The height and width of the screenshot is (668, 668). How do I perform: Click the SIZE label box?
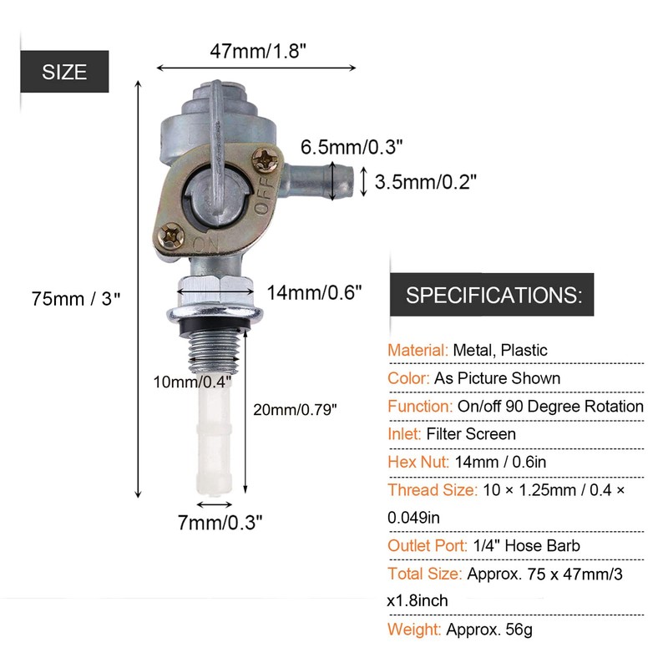[64, 72]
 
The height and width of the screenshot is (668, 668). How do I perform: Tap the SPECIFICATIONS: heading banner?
[493, 295]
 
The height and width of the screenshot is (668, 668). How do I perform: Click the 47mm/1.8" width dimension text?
[256, 50]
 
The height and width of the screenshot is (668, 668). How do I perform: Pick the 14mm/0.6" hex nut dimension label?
[314, 292]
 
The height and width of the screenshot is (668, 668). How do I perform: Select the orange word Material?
[418, 350]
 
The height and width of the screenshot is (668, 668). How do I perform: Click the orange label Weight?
[415, 630]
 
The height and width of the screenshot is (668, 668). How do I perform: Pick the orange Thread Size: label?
[432, 490]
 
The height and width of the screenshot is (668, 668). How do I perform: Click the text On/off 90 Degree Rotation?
[550, 406]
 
